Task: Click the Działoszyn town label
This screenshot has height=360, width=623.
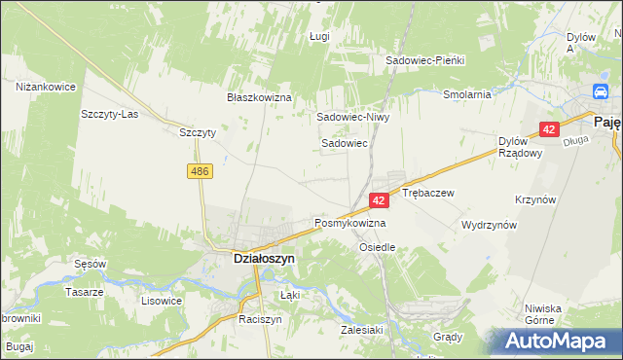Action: [252, 260]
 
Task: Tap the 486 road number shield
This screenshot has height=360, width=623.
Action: [200, 171]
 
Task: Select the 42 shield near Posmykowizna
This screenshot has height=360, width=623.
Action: [380, 199]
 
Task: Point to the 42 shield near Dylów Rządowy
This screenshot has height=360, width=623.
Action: [551, 129]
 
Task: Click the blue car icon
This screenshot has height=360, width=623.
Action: [602, 93]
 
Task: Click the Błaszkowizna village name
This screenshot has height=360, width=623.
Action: [260, 97]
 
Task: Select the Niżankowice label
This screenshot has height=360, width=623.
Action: [46, 87]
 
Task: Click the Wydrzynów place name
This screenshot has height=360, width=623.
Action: [489, 224]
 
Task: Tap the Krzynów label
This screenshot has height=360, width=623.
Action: [535, 199]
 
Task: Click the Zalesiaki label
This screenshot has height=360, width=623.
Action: [360, 329]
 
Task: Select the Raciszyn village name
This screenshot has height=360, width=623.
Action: [260, 319]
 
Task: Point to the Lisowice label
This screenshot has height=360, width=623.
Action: [162, 301]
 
